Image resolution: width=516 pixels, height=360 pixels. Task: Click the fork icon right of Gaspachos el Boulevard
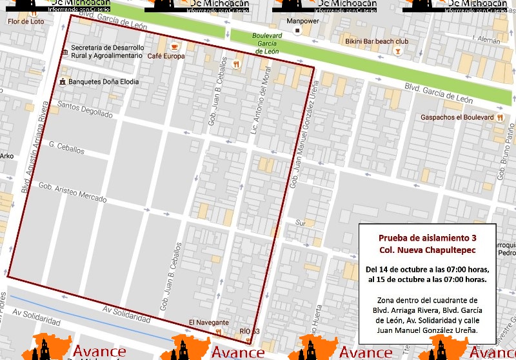click(500, 117)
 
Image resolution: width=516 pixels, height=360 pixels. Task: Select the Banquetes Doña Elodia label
click(103, 83)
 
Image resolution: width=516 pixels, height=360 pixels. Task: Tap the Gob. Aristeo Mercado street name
click(72, 192)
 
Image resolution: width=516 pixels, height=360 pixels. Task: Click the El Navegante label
click(208, 322)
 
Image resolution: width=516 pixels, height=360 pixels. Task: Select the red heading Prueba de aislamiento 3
click(427, 237)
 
